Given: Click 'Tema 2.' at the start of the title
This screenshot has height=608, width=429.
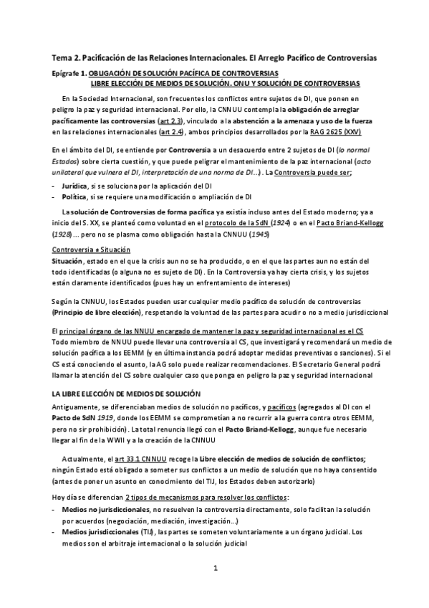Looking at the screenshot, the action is (66, 57).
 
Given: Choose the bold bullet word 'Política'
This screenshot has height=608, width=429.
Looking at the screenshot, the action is (76, 195).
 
